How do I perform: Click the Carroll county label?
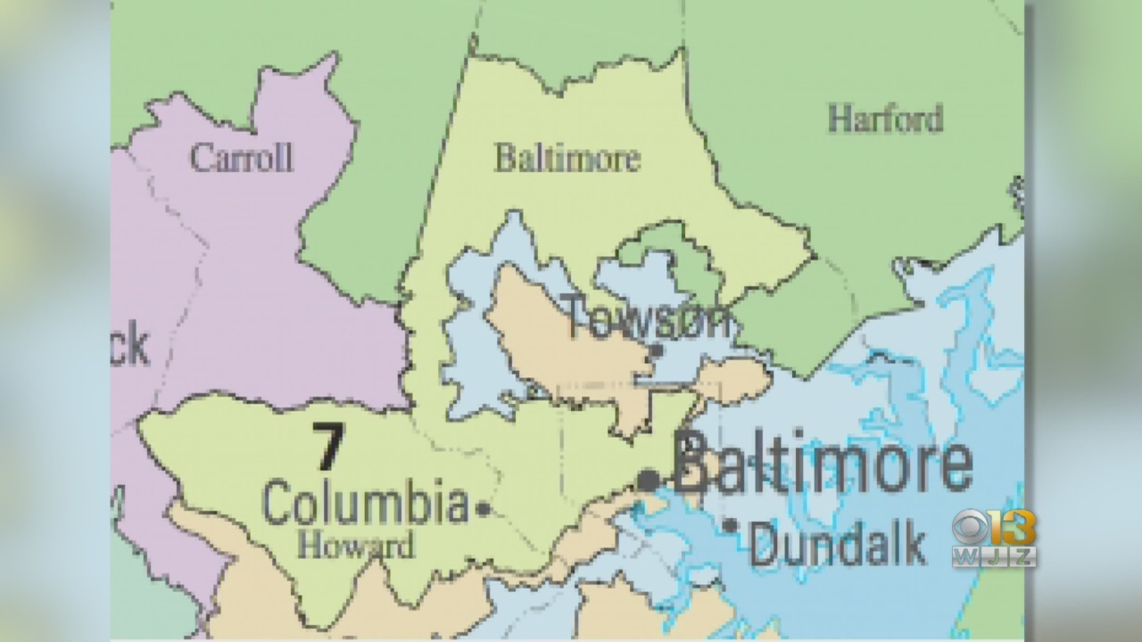pyautogui.click(x=241, y=159)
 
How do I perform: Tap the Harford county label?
pyautogui.click(x=884, y=119)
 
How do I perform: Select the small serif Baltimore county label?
pyautogui.click(x=567, y=159)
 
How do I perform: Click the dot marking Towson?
pyautogui.click(x=657, y=350)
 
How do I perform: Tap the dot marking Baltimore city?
pyautogui.click(x=649, y=481)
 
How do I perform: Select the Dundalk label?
pyautogui.click(x=837, y=544)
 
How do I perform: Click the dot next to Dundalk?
pyautogui.click(x=731, y=526)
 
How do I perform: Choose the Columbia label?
pyautogui.click(x=365, y=503)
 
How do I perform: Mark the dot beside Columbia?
pyautogui.click(x=484, y=509)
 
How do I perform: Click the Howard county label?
pyautogui.click(x=356, y=544)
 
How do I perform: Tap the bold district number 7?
pyautogui.click(x=327, y=447)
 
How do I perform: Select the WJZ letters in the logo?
pyautogui.click(x=993, y=557)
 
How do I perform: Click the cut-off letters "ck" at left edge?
pyautogui.click(x=130, y=345)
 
